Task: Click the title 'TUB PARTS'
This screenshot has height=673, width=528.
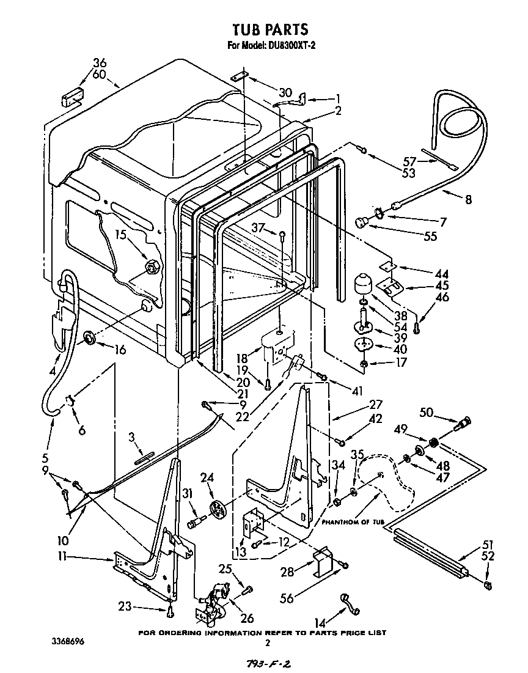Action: point(269,29)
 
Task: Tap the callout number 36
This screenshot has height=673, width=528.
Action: point(100,62)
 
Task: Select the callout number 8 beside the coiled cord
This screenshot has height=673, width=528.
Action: point(468,199)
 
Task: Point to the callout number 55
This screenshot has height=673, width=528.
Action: point(430,236)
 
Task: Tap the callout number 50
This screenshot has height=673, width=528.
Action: point(426,413)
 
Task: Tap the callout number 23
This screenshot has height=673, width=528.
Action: point(124,607)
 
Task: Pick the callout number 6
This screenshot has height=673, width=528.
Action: point(81,430)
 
